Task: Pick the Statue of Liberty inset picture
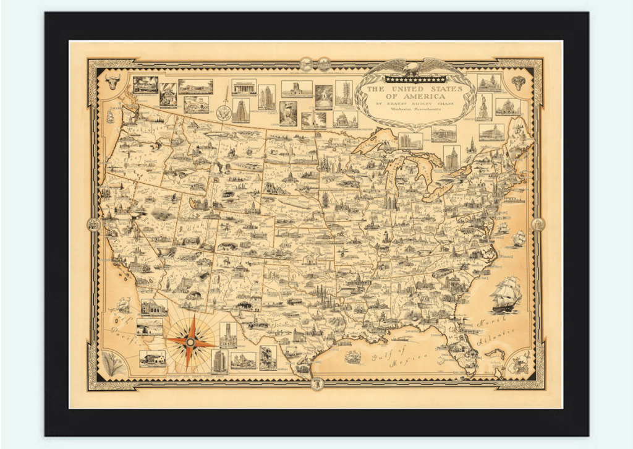point(483,107)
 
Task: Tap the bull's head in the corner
point(113,82)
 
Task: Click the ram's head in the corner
point(518,82)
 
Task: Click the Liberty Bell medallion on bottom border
point(316,383)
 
